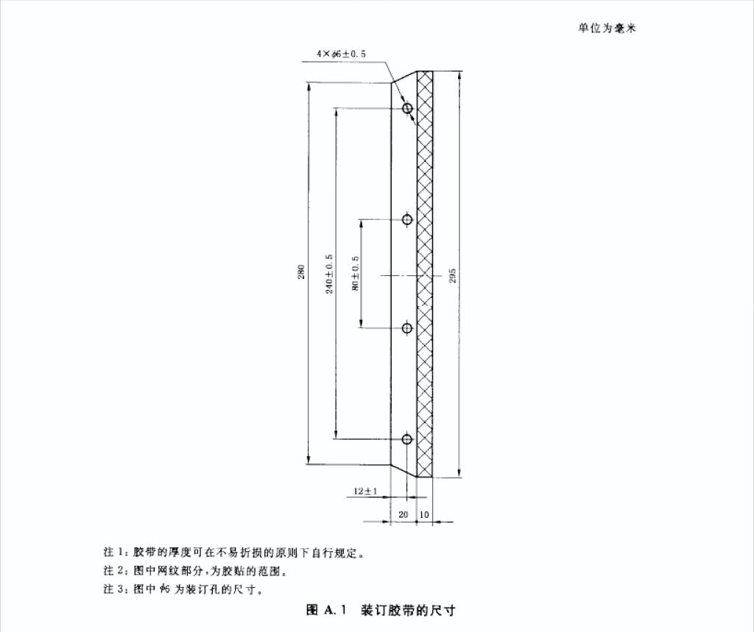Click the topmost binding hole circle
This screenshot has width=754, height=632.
click(x=407, y=109)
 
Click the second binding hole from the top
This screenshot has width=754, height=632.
click(x=407, y=219)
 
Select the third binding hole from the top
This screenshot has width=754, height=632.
click(x=407, y=328)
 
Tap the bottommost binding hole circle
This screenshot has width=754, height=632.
click(x=407, y=439)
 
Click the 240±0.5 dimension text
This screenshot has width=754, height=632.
click(x=330, y=274)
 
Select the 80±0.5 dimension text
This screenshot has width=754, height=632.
click(x=356, y=274)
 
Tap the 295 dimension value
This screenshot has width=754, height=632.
click(x=453, y=274)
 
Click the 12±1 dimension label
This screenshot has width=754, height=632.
click(x=365, y=491)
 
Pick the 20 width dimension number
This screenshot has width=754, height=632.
click(x=403, y=514)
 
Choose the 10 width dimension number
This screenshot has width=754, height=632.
click(x=424, y=514)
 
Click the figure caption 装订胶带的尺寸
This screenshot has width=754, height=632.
click(x=409, y=610)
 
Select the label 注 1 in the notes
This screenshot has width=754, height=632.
click(x=116, y=552)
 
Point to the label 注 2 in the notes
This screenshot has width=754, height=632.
click(x=116, y=571)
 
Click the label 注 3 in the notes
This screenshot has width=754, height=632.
click(x=116, y=590)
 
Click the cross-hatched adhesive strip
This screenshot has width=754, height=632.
click(x=425, y=274)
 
